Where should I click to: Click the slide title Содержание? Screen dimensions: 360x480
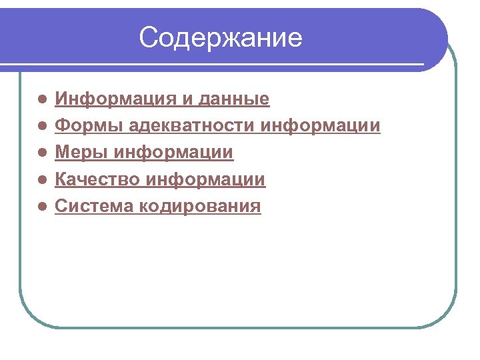pos(221,38)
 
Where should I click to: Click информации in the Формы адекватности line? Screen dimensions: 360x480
pos(322,126)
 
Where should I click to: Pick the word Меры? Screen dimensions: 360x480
pos(82,153)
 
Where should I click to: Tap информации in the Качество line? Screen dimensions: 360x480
pos(206,179)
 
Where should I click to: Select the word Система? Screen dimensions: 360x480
pos(95,206)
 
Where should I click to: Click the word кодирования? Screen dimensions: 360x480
pos(201,206)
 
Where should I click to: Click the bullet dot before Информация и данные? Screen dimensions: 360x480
pos(42,100)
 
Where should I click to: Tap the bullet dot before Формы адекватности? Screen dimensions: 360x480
pos(42,126)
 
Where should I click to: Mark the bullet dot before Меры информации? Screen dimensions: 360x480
pos(42,153)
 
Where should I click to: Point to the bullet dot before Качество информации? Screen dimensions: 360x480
pos(42,179)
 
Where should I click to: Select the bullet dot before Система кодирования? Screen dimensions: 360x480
pos(42,206)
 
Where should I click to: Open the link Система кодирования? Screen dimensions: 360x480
pos(157,206)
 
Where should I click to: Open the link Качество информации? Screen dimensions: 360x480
pos(159,179)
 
